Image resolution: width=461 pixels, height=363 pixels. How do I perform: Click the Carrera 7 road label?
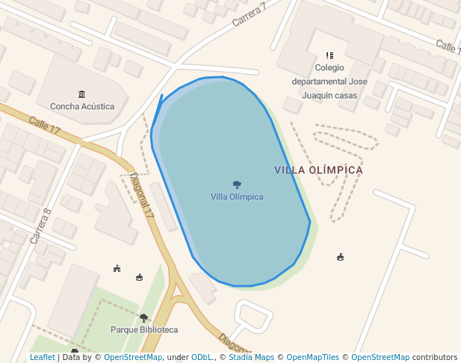[x=249, y=15]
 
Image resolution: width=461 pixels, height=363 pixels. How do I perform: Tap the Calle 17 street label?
[x=45, y=125]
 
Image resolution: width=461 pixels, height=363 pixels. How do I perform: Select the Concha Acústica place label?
[x=82, y=106]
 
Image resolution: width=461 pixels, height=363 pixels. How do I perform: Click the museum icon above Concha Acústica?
[x=81, y=94]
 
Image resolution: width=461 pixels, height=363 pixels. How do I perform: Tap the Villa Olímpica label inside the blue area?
[x=237, y=196]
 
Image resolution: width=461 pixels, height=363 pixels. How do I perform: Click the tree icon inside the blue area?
[x=237, y=184]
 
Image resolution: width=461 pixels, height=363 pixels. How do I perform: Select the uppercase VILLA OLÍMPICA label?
[x=318, y=170]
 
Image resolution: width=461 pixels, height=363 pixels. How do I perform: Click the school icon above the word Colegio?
[x=329, y=55]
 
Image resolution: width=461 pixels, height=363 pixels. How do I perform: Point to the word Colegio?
[x=329, y=67]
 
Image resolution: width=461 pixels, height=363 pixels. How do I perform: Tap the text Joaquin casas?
[x=329, y=95]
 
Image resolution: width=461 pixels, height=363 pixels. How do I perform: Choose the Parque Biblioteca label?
[x=144, y=329]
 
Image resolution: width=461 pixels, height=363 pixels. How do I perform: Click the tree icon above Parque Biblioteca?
[x=143, y=318]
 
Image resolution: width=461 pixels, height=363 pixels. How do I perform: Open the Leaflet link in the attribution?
[x=42, y=357]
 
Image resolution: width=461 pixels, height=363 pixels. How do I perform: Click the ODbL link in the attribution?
[x=202, y=357]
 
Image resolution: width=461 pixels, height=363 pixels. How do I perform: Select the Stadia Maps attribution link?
[x=251, y=357]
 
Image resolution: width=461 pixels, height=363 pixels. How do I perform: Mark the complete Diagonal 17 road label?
[x=141, y=196]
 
